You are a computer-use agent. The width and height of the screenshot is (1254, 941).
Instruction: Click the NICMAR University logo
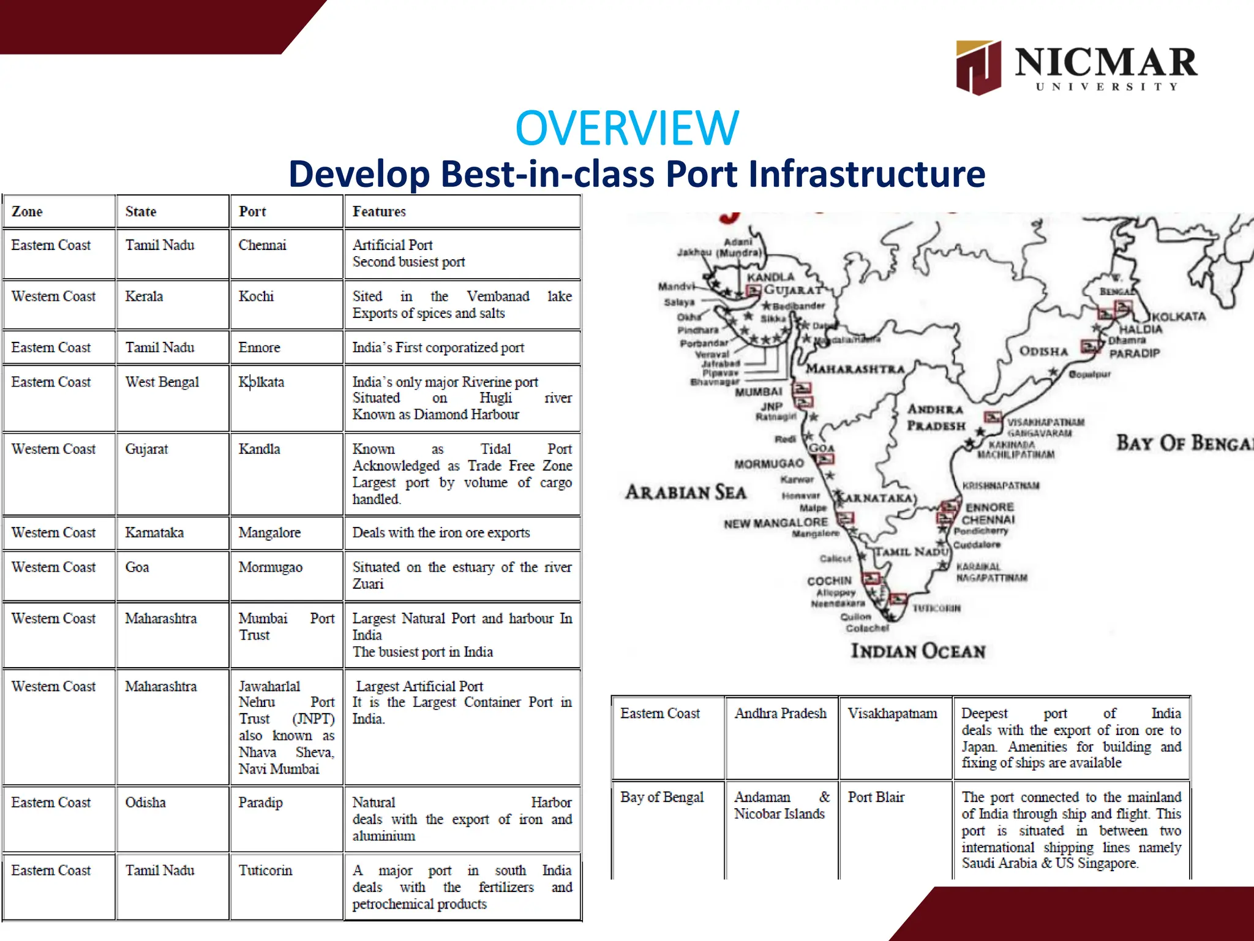coord(1076,67)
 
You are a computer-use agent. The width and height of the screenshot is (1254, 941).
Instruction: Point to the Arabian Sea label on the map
coord(685,492)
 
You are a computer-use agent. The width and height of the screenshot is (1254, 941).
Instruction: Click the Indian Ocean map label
coord(918,651)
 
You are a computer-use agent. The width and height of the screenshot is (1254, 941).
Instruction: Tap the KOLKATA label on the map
coord(1179,317)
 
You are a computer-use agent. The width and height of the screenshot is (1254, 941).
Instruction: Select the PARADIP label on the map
coord(1135,353)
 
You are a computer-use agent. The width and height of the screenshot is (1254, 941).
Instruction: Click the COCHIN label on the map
coord(829,581)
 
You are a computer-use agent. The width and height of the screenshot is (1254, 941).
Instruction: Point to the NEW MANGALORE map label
coord(776,523)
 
